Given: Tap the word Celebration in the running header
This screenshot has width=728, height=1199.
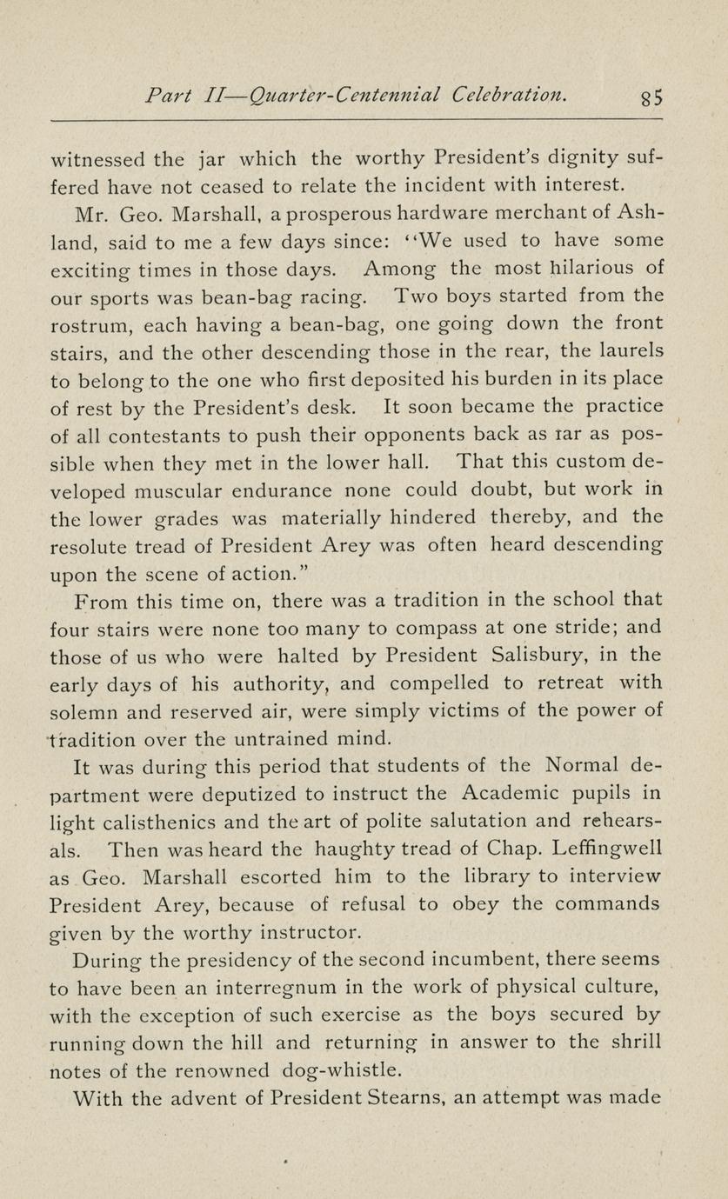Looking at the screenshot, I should (510, 94).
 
